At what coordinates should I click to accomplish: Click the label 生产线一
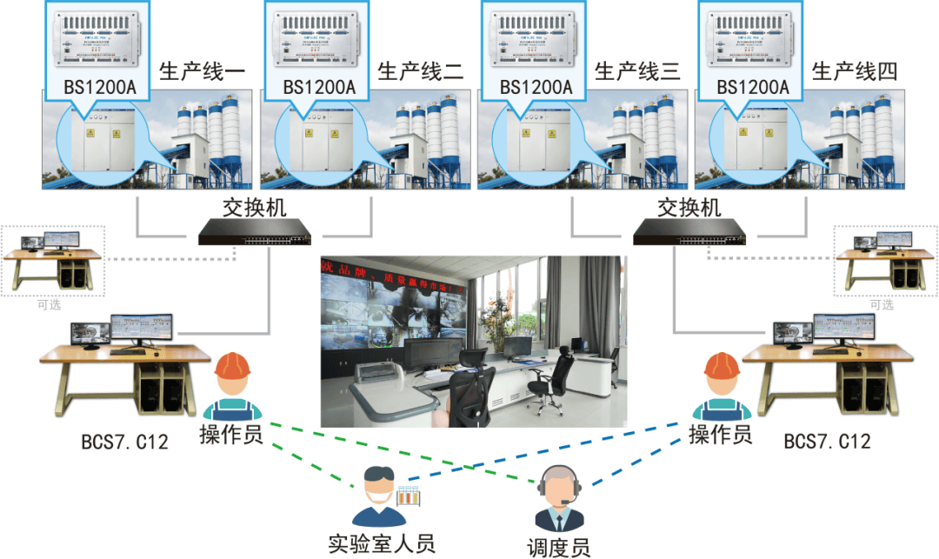click(x=202, y=70)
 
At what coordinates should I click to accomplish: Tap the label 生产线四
click(x=854, y=70)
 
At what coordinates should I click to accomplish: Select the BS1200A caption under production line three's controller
click(x=536, y=87)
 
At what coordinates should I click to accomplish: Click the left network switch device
click(x=254, y=230)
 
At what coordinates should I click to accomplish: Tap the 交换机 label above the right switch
click(x=689, y=207)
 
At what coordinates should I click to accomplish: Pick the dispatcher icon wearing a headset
click(x=557, y=499)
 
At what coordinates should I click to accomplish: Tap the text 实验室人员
click(x=381, y=543)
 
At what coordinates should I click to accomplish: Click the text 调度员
click(x=558, y=547)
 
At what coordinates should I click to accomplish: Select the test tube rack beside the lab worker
click(x=409, y=497)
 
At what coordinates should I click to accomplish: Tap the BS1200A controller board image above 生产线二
click(x=319, y=40)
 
